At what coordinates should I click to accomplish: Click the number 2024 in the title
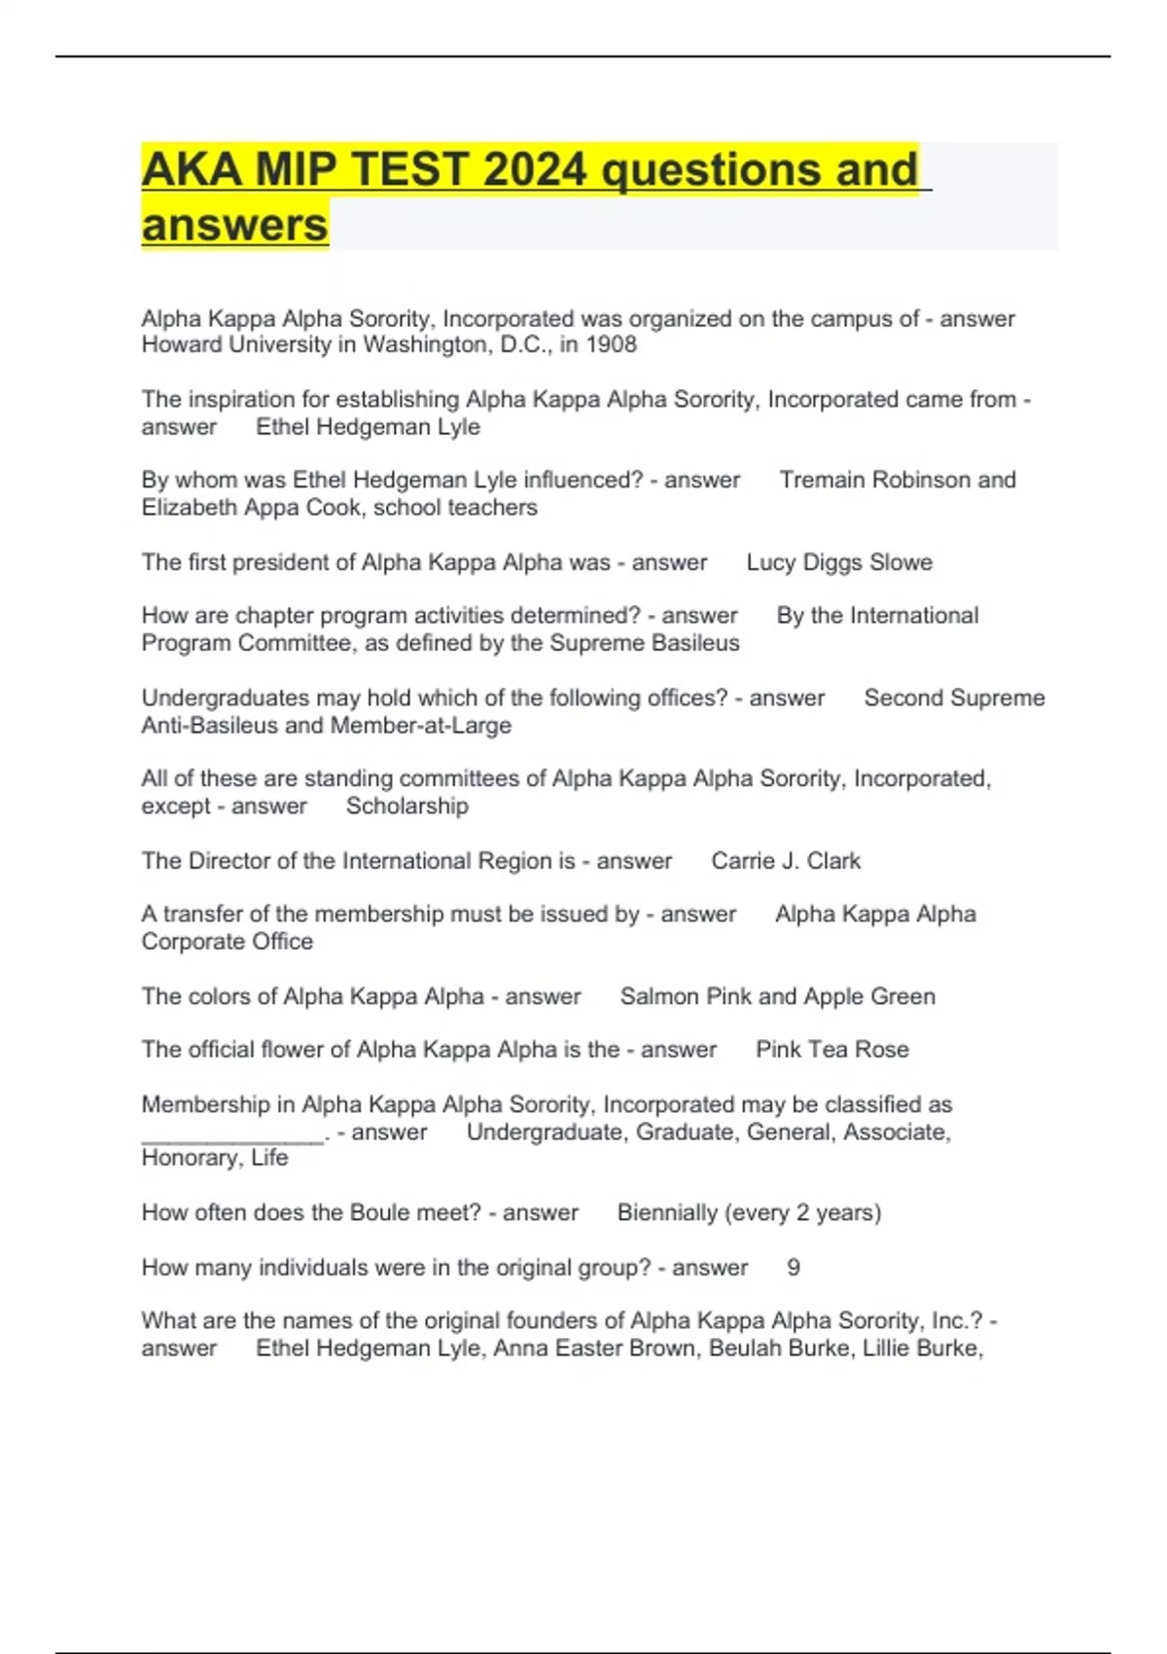coord(534,169)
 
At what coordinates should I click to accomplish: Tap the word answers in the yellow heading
coord(234,225)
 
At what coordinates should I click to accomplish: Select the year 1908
coord(611,344)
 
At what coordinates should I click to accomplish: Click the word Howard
coord(182,344)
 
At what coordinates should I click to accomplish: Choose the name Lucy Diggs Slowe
coord(839,562)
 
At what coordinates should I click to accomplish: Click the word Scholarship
coord(407,806)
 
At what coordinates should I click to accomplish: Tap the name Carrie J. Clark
coord(786,861)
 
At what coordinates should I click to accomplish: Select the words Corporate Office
coord(228,941)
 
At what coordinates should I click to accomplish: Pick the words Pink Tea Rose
coord(832,1050)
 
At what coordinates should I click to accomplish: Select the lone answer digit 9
coord(794,1268)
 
